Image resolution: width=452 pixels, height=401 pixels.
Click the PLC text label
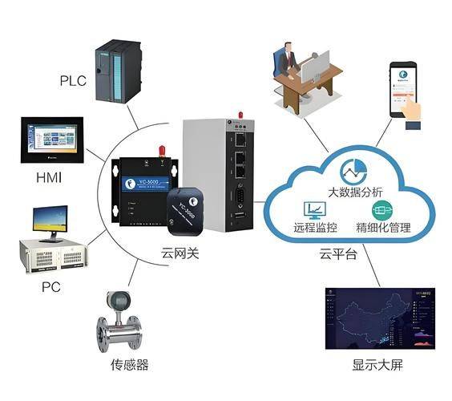pyautogui.click(x=73, y=81)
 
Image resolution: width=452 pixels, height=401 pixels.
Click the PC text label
pyautogui.click(x=50, y=286)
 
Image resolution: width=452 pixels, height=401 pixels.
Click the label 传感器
pyautogui.click(x=129, y=366)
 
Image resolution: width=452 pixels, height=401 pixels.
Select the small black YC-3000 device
pyautogui.click(x=189, y=208)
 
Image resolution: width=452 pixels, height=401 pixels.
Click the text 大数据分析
pyautogui.click(x=356, y=192)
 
